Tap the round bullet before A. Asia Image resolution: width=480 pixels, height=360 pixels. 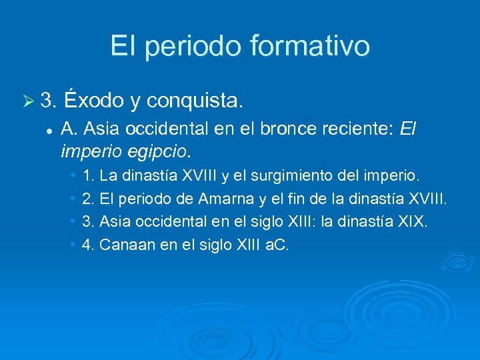click(x=48, y=129)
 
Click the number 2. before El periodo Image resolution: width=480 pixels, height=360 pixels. click(x=87, y=199)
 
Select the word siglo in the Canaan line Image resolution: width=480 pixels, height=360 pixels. click(x=215, y=244)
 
